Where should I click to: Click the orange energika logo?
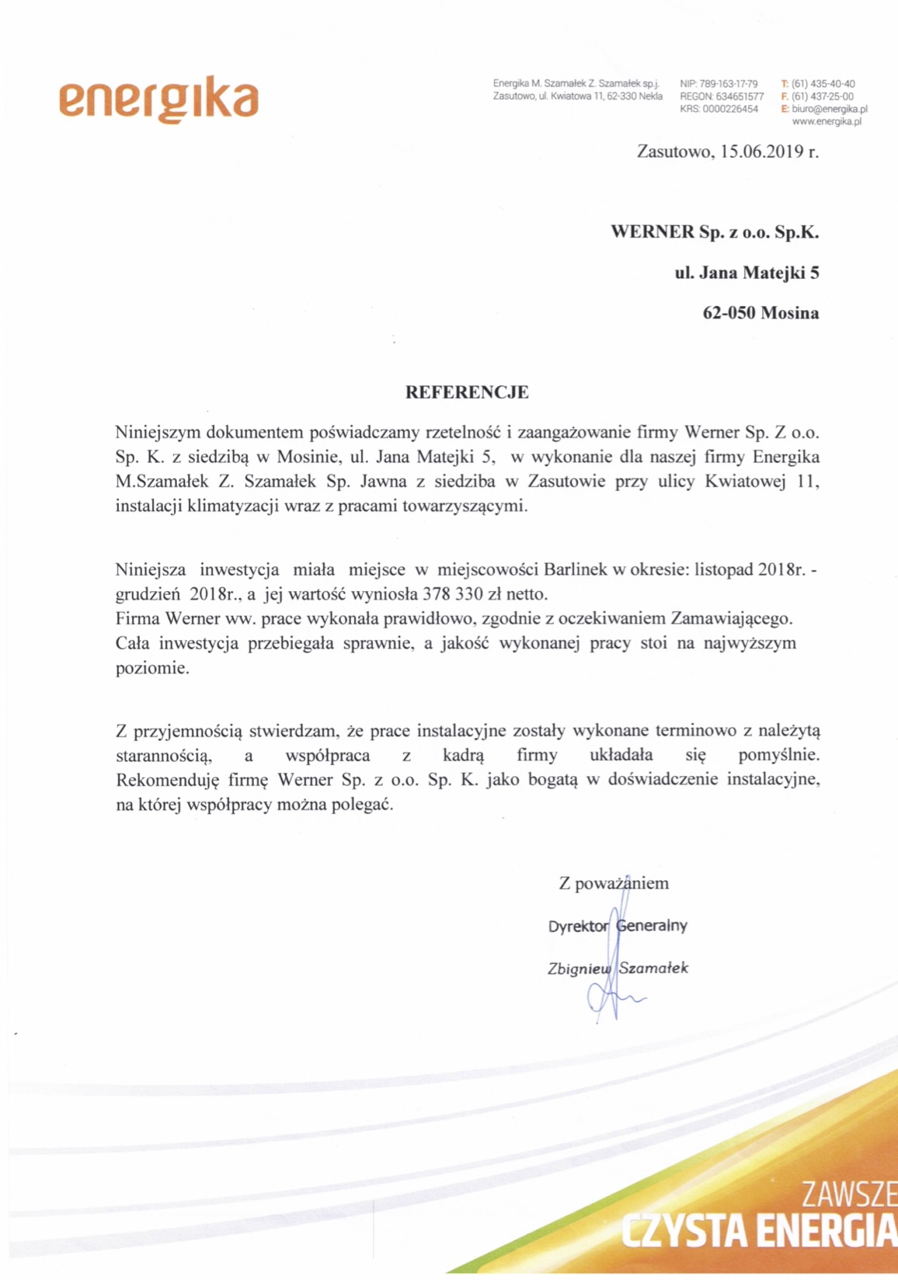tap(158, 100)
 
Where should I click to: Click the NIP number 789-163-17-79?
tap(729, 84)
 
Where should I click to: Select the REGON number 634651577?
tap(740, 96)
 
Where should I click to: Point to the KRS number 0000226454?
tap(730, 109)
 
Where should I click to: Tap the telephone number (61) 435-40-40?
tap(823, 84)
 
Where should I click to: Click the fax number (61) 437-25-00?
tap(823, 96)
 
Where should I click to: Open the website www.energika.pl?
tap(827, 121)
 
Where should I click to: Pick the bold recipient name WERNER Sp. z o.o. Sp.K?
tap(715, 232)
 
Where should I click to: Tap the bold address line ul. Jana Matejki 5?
tap(747, 273)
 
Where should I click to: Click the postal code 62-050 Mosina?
tap(761, 313)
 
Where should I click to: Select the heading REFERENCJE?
tap(467, 392)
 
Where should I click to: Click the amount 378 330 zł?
tap(463, 594)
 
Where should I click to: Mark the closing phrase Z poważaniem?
tap(614, 883)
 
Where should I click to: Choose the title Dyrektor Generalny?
tap(618, 926)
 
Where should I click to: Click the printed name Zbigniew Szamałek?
tap(618, 968)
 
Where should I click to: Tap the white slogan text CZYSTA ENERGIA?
tap(758, 1232)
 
